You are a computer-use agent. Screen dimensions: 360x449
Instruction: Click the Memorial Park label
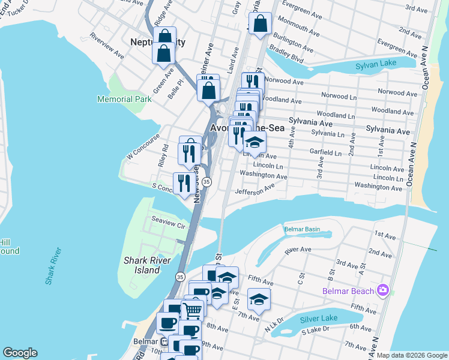(x=125, y=98)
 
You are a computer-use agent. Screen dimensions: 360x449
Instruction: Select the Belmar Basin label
(x=302, y=230)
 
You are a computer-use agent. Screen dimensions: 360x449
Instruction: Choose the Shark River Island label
(x=142, y=265)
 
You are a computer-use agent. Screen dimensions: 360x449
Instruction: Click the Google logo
(x=20, y=353)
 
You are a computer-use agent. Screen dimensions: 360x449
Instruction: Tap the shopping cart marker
(x=192, y=310)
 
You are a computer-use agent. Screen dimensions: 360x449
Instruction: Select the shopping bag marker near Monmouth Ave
(x=260, y=25)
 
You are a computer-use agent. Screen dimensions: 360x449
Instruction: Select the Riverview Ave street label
(x=107, y=46)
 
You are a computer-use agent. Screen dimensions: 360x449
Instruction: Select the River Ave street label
(x=298, y=250)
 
